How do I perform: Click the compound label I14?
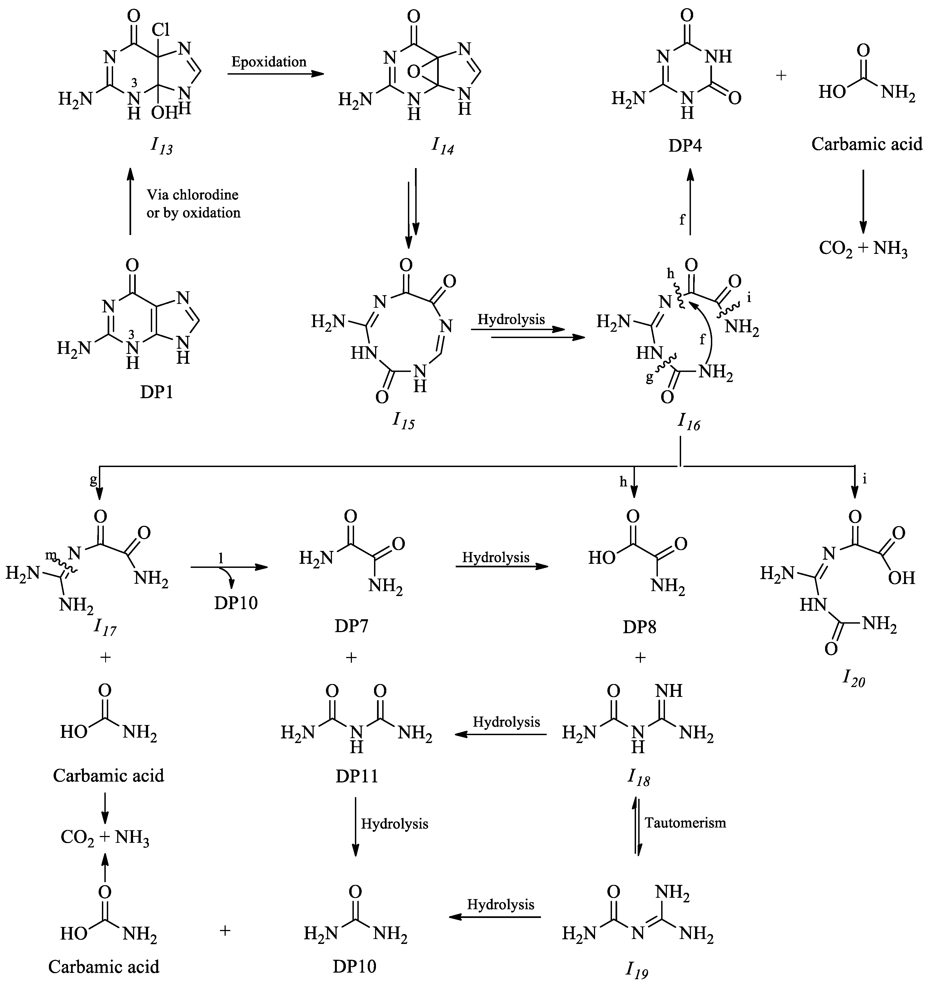[x=443, y=146]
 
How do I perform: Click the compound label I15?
[x=404, y=421]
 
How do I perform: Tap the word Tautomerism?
[x=685, y=823]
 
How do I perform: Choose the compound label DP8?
[x=640, y=627]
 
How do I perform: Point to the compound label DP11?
[x=357, y=776]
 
